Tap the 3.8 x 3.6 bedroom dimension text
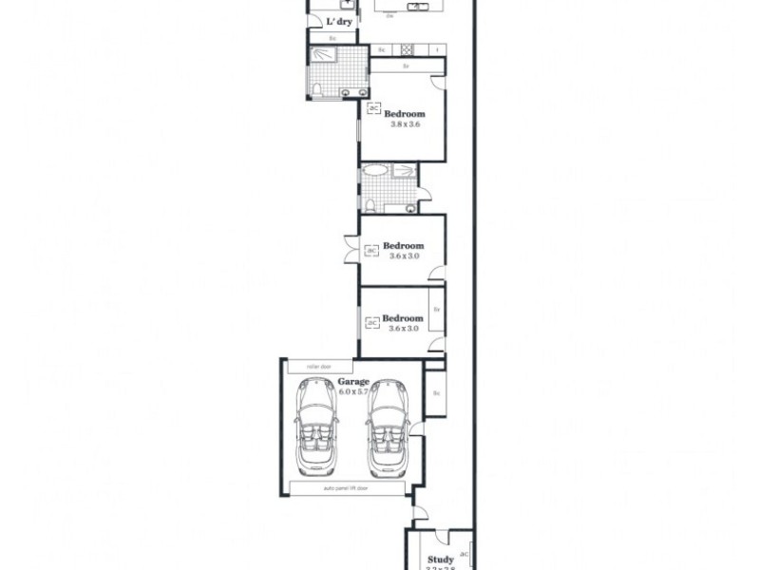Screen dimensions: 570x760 (x=405, y=123)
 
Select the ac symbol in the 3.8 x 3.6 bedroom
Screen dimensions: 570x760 (x=373, y=108)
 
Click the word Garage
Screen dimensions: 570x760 (x=353, y=382)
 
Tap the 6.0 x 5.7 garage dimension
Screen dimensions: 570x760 (x=353, y=391)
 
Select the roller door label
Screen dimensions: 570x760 (x=317, y=366)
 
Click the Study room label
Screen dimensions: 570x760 (x=440, y=560)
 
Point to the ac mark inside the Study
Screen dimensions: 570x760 (x=465, y=553)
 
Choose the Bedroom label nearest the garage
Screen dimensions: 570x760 (x=403, y=318)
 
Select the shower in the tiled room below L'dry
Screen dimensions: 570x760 (x=326, y=56)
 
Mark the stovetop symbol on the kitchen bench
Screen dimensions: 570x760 (x=406, y=49)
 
